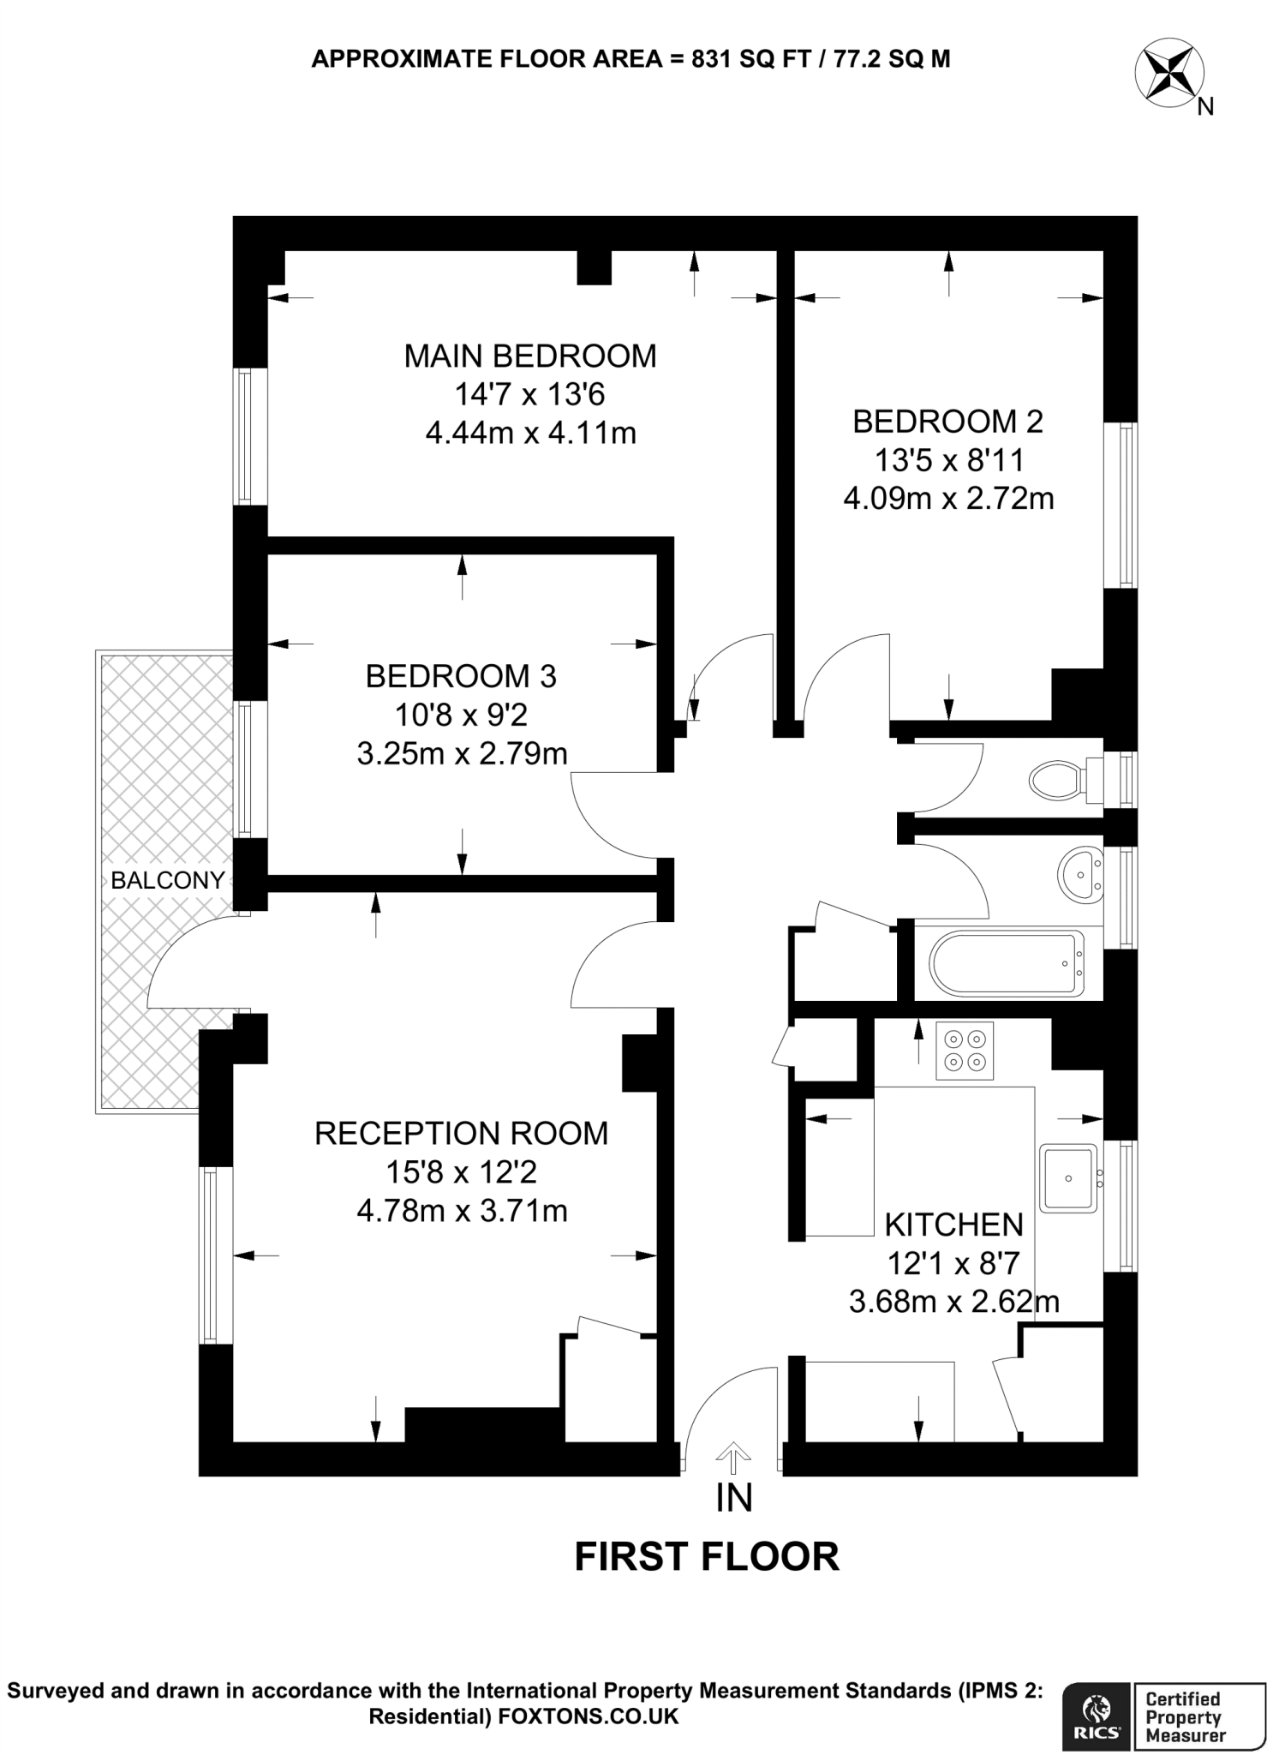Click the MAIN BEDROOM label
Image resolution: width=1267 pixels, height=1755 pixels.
[530, 356]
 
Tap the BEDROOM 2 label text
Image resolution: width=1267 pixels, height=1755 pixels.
[947, 422]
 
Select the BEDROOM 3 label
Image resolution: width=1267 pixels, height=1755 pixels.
[461, 676]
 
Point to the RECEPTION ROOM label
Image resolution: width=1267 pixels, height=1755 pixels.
[461, 1133]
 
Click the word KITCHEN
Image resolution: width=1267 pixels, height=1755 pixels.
[953, 1225]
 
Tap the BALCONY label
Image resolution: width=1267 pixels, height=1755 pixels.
[168, 880]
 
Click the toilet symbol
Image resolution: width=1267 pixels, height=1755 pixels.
[1057, 780]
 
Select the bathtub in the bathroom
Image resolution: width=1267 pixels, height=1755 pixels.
[1007, 964]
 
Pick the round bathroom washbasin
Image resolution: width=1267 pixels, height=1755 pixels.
[1080, 875]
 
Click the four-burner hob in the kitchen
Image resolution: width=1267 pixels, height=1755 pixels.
[965, 1051]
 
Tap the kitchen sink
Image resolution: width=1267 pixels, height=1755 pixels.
[1068, 1178]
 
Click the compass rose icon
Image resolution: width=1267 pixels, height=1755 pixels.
[1169, 74]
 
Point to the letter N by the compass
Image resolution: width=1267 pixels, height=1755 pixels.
[1205, 107]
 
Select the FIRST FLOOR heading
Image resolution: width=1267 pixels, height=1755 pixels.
[707, 1556]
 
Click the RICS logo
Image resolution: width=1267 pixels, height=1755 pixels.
[1097, 1691]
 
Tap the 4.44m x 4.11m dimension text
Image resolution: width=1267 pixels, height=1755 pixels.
[530, 433]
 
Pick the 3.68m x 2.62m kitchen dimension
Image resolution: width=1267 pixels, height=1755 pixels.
[953, 1302]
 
